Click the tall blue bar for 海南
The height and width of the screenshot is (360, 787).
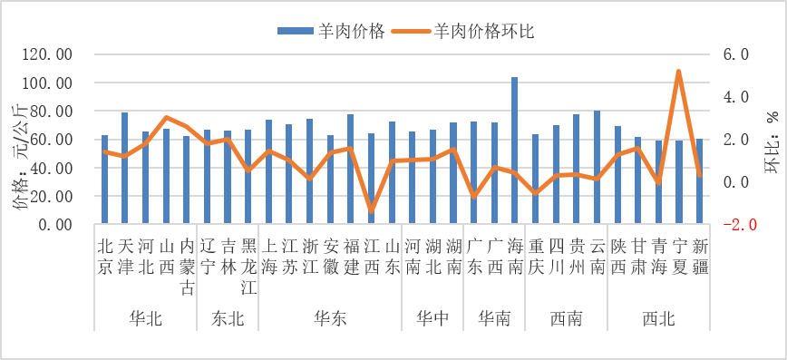[515, 150]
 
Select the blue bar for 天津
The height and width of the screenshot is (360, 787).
[125, 168]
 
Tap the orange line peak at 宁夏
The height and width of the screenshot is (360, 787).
[678, 71]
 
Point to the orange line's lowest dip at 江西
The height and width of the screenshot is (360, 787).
[371, 210]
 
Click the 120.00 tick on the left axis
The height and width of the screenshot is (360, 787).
[51, 54]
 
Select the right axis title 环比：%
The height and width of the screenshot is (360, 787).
[770, 140]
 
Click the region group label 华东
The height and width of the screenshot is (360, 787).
[329, 318]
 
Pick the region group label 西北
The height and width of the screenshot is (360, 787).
[657, 318]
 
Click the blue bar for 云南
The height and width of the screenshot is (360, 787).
[597, 167]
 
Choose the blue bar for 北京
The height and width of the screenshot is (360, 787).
[104, 179]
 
